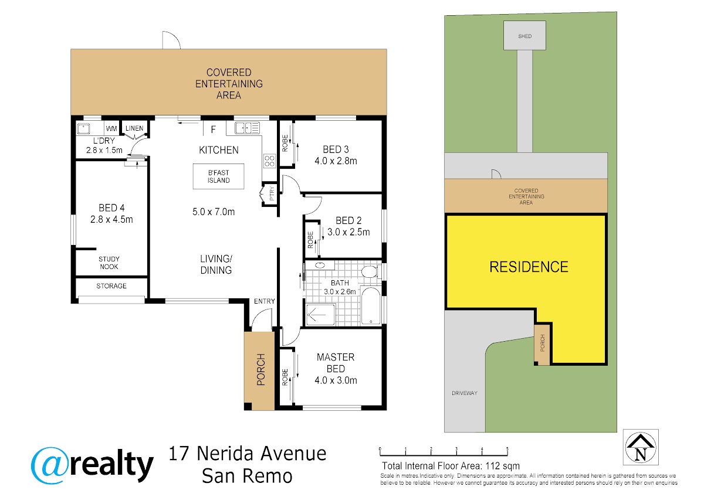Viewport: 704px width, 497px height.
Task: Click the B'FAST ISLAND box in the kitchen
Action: coord(218,176)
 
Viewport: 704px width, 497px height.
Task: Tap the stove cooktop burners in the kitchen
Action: coord(269,161)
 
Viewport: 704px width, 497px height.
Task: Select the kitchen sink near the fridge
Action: coord(248,128)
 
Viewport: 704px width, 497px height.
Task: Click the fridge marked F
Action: coord(214,129)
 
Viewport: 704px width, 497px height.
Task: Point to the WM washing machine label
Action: coord(111,128)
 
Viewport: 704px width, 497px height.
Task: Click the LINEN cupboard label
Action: coord(134,128)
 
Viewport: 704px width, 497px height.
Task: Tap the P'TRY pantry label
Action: coord(272,194)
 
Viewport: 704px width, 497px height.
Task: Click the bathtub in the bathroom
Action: coord(371,305)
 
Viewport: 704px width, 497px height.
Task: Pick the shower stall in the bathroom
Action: coord(320,314)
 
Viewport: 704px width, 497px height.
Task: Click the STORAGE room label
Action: coord(111,285)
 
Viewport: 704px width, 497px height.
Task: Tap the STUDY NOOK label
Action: coord(109,263)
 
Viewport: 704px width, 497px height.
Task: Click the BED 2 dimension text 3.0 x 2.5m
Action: coord(348,232)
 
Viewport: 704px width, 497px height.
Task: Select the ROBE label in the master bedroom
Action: coord(285,377)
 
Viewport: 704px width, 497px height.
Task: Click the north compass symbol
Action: coord(641,447)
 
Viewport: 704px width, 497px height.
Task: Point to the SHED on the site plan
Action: coord(524,36)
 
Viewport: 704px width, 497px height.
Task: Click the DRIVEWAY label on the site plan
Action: coord(465,393)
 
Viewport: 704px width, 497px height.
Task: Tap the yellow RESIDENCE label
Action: coord(529,267)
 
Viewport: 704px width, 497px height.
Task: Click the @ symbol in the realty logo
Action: coord(49,465)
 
